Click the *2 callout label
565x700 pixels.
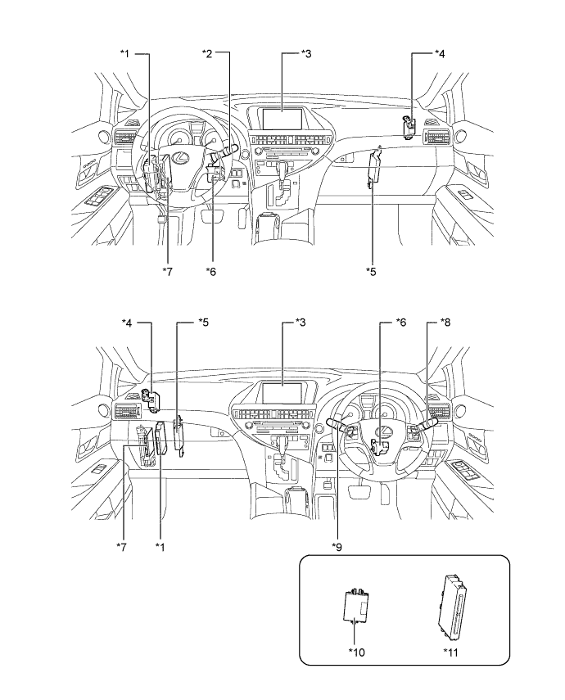(x=207, y=53)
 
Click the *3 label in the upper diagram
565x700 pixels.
(x=306, y=53)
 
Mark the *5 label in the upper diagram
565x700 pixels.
(x=372, y=270)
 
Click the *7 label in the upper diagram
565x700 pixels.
(x=167, y=270)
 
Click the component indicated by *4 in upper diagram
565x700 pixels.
(x=409, y=124)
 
